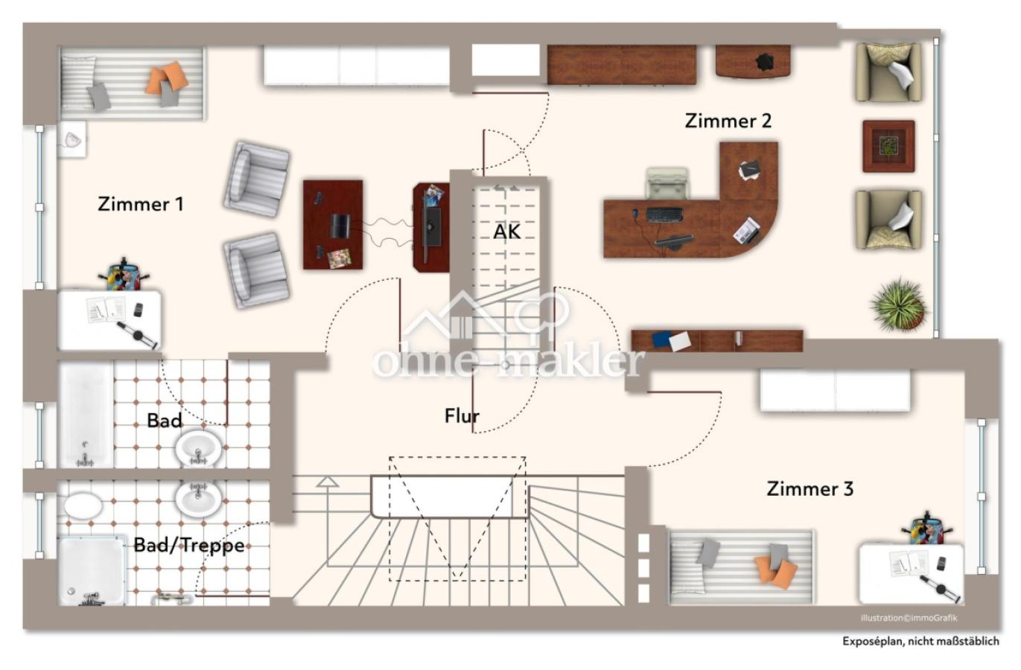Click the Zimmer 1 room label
pyautogui.click(x=141, y=204)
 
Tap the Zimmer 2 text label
pyautogui.click(x=728, y=121)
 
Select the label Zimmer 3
pyautogui.click(x=810, y=488)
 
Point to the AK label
pyautogui.click(x=506, y=232)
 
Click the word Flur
pyautogui.click(x=462, y=415)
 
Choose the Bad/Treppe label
pyautogui.click(x=189, y=545)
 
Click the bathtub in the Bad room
pyautogui.click(x=86, y=415)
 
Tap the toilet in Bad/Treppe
pyautogui.click(x=83, y=505)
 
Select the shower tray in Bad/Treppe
pyautogui.click(x=92, y=572)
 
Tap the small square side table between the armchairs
pyautogui.click(x=888, y=147)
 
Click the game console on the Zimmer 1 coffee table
pyautogui.click(x=340, y=226)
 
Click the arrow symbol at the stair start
pyautogui.click(x=328, y=482)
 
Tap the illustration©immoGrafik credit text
pyautogui.click(x=909, y=618)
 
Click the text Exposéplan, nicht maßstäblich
pyautogui.click(x=920, y=641)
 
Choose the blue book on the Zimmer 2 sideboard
pyautogui.click(x=661, y=339)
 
